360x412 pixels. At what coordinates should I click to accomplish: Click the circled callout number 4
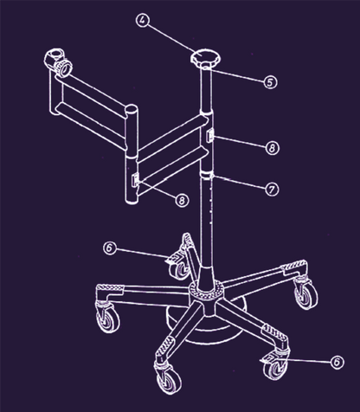(x=143, y=21)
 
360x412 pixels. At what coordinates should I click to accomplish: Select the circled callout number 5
(x=270, y=82)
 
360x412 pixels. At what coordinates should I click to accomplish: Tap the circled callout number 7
(x=272, y=190)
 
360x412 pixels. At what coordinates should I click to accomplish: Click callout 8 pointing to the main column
(x=272, y=148)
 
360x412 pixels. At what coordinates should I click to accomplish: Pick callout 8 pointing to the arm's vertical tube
(x=182, y=200)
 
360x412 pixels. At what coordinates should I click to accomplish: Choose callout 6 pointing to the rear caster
(x=110, y=248)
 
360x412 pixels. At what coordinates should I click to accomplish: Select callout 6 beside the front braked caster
(x=337, y=362)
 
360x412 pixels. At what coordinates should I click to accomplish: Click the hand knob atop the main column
(x=206, y=58)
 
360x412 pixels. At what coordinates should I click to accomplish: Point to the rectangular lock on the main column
(x=210, y=136)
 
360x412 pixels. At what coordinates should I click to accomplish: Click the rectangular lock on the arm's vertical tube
(x=135, y=180)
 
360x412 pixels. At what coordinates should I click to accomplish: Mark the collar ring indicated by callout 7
(x=207, y=174)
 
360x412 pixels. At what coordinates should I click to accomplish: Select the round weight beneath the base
(x=207, y=326)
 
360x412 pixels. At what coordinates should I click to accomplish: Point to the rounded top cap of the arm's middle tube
(x=132, y=110)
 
